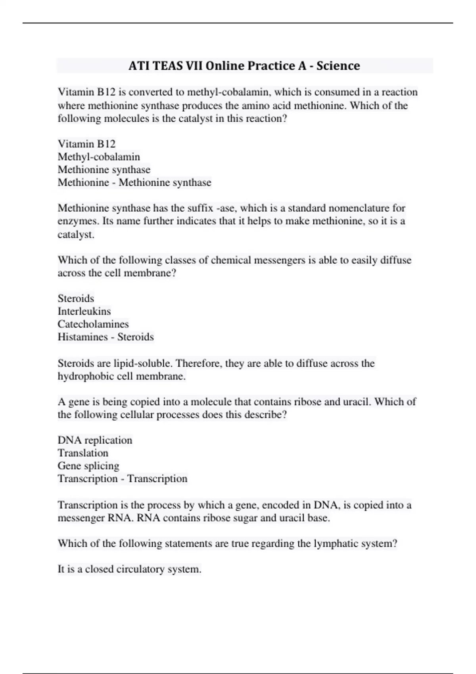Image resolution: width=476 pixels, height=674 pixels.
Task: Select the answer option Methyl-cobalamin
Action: coord(99,157)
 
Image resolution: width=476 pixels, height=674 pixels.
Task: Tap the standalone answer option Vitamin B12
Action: coord(86,144)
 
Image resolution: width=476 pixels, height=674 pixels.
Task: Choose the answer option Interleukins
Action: coord(84,311)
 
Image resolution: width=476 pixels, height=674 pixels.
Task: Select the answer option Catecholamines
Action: coord(93,324)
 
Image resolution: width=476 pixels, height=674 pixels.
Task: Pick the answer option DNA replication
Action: coord(95,440)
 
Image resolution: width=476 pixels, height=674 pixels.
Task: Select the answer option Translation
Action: coord(83,453)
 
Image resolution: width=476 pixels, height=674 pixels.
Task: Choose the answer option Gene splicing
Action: coord(88,465)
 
